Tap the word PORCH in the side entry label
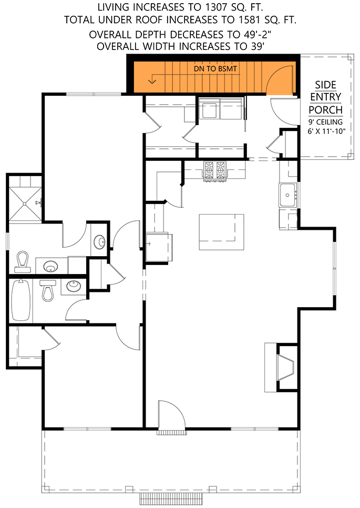pos(325,109)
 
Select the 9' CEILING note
pos(325,121)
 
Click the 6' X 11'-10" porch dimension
pos(325,131)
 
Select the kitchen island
pos(221,231)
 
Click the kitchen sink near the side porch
pos(289,195)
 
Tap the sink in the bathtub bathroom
pos(73,287)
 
